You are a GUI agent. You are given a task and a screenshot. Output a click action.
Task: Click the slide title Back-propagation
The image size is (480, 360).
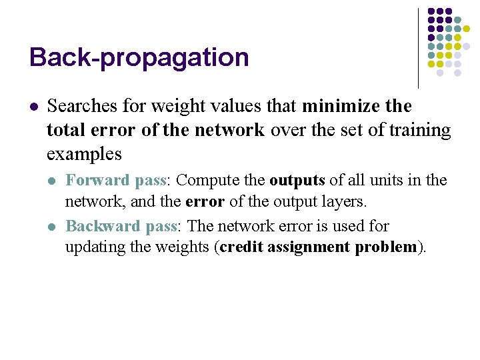139,57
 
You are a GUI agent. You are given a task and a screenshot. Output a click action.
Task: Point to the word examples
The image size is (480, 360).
84,155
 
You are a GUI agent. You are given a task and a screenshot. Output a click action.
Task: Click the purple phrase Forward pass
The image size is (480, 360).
118,181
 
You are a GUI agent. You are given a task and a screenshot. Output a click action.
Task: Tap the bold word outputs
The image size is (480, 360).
297,181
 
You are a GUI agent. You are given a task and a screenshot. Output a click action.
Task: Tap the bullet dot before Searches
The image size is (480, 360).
33,107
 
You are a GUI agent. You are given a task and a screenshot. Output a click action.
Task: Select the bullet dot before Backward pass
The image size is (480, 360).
53,227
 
